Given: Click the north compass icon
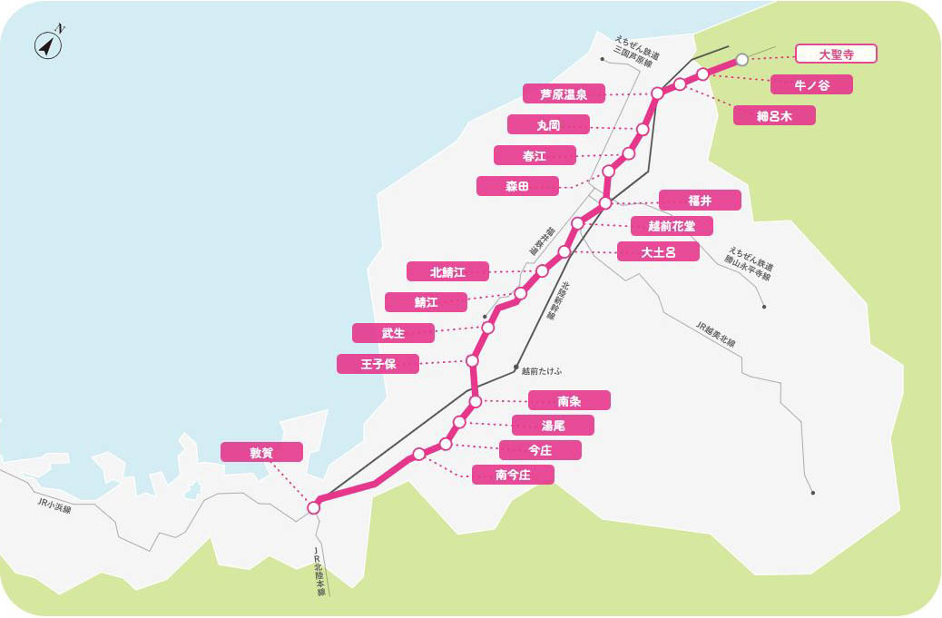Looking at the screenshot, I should pos(48,44).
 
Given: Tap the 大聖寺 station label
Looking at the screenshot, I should pos(836,54).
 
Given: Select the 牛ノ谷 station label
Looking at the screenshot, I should pos(811,84).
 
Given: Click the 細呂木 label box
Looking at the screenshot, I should pos(774,115).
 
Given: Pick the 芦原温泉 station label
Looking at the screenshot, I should pos(564,93).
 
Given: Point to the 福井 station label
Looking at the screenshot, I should pos(700,200).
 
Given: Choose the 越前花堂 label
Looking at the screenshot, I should pos(672,226).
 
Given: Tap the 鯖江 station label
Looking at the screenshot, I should pos(426,301).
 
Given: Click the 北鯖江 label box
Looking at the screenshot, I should pos(447,270).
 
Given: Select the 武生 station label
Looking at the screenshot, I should pos(393,333).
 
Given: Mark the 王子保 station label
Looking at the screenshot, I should pos(378,364).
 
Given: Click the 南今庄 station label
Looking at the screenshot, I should pos(513,474).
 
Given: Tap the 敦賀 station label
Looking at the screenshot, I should pos(261,452).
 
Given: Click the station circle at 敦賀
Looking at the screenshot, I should pos(314,508).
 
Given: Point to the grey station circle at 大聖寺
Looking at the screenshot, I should pos(742,60).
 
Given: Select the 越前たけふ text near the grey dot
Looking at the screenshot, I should pos(542,370).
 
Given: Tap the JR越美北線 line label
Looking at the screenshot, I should pos(715,337).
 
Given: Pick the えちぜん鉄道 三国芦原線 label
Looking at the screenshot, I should pos(633,52).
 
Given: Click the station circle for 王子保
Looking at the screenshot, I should pos(472,360).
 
